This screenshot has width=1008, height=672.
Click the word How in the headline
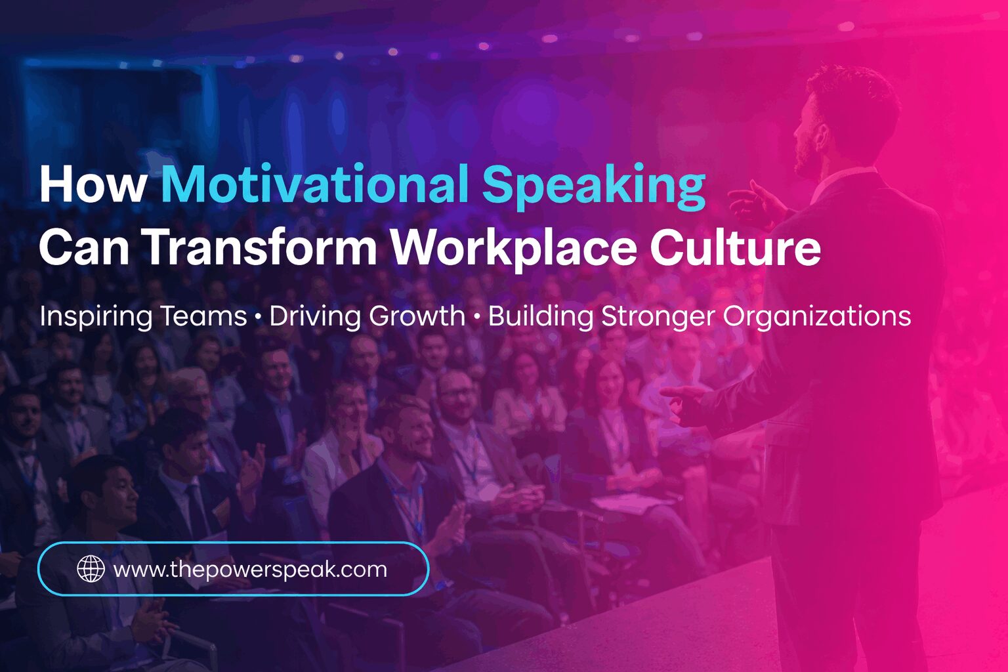pyautogui.click(x=92, y=184)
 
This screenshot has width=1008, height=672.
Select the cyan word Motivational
pyautogui.click(x=315, y=184)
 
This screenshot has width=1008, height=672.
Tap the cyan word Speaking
pyautogui.click(x=594, y=186)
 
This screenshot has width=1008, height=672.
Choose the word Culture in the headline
pyautogui.click(x=735, y=247)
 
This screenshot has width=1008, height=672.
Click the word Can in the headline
pyautogui.click(x=85, y=247)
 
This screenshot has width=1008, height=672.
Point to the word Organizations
pyautogui.click(x=816, y=316)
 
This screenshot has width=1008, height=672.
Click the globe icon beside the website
pyautogui.click(x=91, y=569)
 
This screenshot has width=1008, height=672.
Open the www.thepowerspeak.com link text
pyautogui.click(x=250, y=569)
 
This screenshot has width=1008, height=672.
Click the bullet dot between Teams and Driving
pyautogui.click(x=258, y=318)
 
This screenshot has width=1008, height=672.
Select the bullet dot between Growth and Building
pyautogui.click(x=476, y=318)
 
